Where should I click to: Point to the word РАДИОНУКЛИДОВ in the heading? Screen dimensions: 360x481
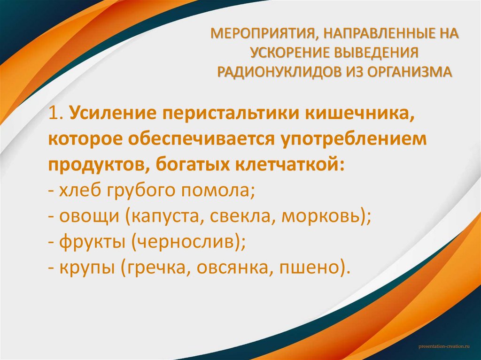pos(272,72)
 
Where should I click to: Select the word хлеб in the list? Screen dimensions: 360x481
pos(75,191)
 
